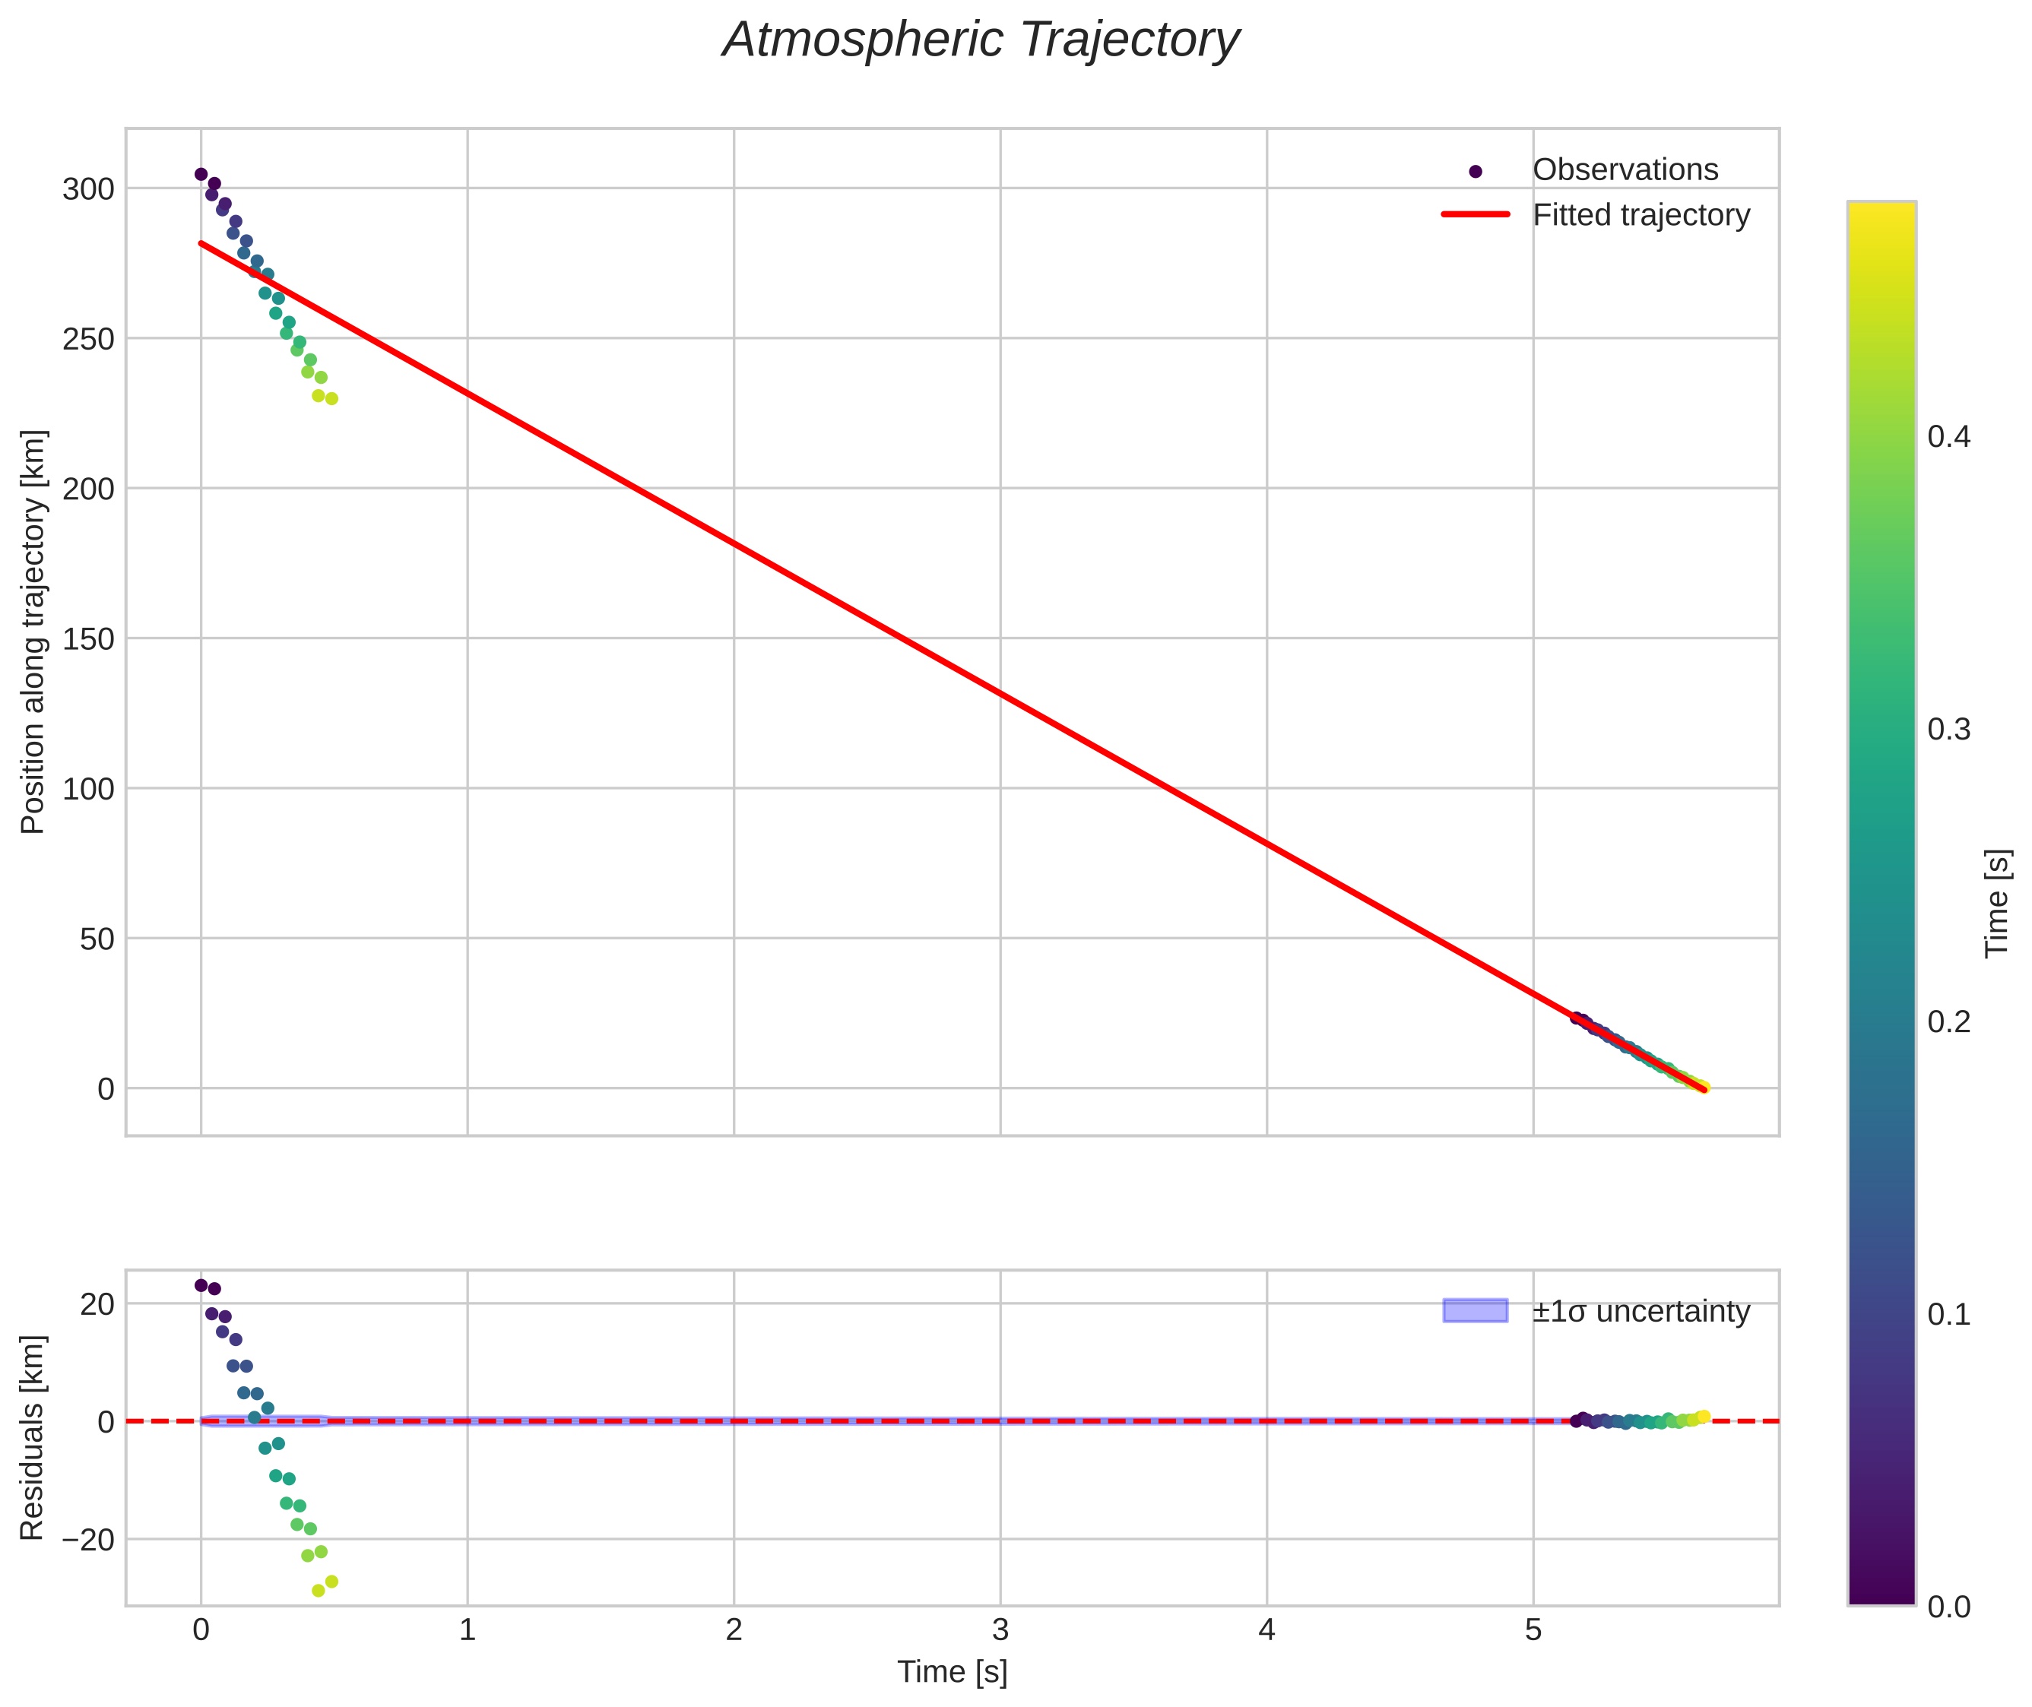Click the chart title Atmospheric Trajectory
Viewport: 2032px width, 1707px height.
(x=980, y=40)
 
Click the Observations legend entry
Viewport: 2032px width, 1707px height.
(x=1625, y=170)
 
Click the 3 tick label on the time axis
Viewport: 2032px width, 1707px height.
(x=1000, y=1629)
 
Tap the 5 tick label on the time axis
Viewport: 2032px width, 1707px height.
(x=1533, y=1629)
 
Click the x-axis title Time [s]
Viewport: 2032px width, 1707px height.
(x=952, y=1671)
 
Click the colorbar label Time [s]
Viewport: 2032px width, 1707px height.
(x=1997, y=903)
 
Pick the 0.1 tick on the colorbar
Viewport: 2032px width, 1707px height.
(x=1948, y=1314)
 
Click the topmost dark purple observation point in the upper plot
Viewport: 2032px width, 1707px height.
(x=201, y=174)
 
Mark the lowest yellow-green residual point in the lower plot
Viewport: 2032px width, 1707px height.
(x=319, y=1591)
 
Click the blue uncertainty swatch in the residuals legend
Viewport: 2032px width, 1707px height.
(x=1474, y=1310)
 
